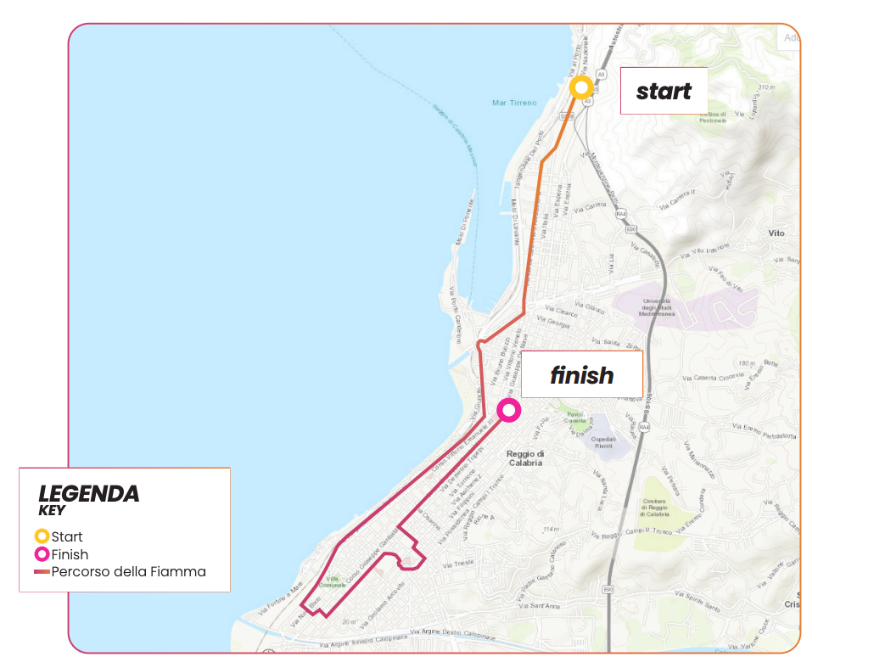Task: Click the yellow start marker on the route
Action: (581, 87)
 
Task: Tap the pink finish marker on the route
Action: (508, 411)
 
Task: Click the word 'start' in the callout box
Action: (664, 91)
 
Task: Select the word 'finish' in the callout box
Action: (581, 375)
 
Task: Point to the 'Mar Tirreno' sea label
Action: (514, 103)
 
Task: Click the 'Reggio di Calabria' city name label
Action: (524, 458)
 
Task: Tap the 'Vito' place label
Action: (776, 233)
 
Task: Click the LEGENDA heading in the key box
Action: (89, 493)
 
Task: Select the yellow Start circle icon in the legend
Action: (41, 536)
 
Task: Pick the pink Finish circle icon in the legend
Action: (41, 554)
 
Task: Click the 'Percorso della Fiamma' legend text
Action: (128, 571)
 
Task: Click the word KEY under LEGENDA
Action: (52, 511)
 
